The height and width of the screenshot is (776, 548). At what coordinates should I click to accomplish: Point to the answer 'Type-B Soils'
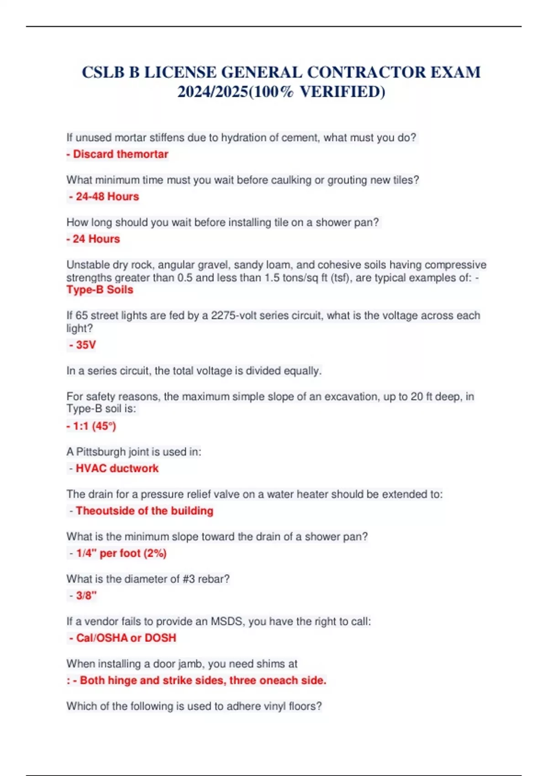[100, 290]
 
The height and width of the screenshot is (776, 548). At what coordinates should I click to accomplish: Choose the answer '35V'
[85, 345]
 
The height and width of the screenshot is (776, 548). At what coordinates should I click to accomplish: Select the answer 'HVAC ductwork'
[117, 468]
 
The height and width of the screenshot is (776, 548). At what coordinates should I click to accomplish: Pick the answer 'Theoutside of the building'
[144, 511]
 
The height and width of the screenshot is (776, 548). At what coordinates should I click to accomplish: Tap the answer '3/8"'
[86, 596]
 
